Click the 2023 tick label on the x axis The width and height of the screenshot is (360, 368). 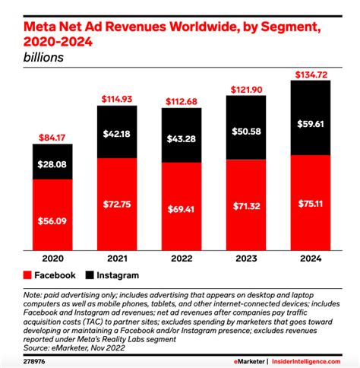[246, 258]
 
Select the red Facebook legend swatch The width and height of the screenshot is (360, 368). [30, 275]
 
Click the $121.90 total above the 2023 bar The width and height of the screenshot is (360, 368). [246, 90]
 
